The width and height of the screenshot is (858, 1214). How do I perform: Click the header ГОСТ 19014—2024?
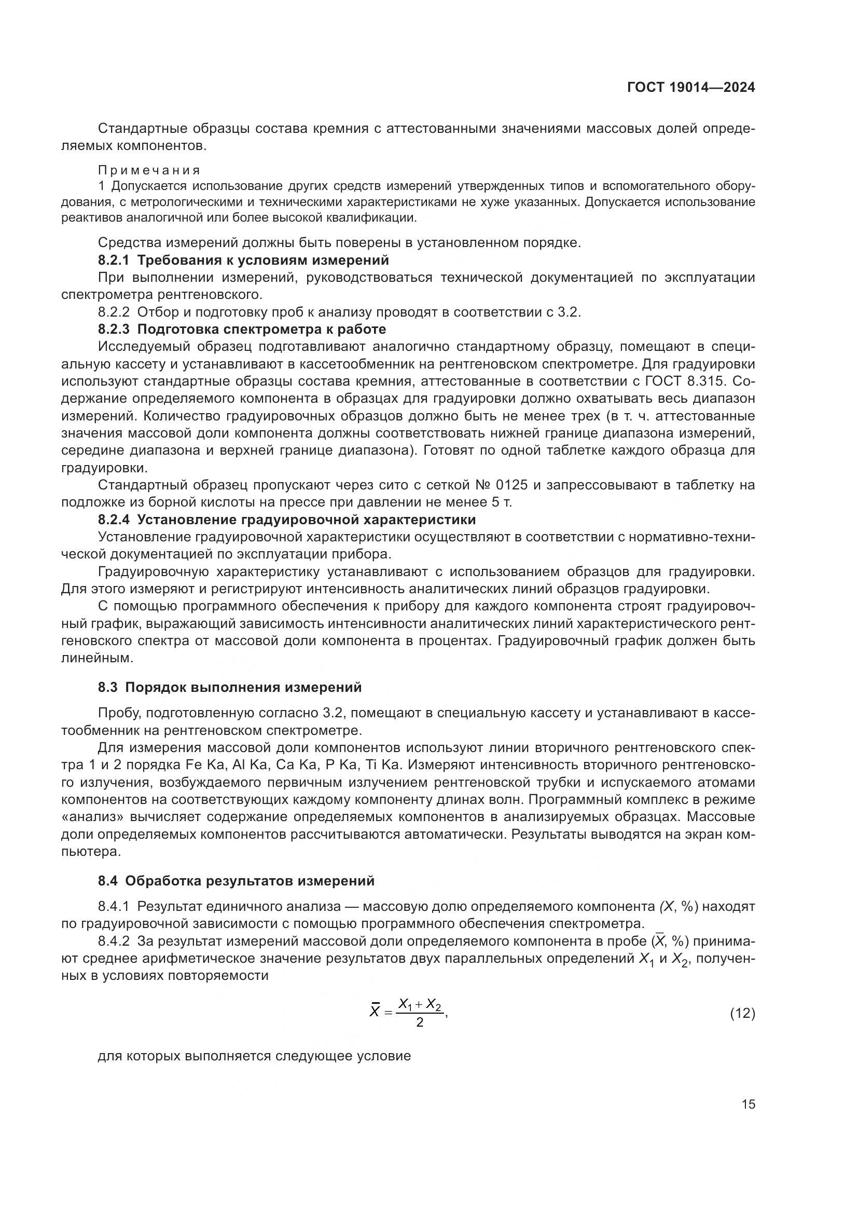(x=690, y=88)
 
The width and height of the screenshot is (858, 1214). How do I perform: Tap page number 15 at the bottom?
(x=748, y=1104)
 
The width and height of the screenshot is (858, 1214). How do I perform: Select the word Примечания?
(x=149, y=170)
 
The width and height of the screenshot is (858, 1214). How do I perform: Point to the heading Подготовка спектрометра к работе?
(x=261, y=330)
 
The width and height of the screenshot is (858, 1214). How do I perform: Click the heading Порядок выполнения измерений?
(x=244, y=687)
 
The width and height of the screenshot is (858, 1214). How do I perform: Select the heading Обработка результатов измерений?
(x=250, y=881)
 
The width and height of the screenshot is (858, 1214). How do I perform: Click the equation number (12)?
(x=742, y=1014)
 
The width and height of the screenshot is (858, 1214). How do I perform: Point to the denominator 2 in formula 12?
(x=420, y=1023)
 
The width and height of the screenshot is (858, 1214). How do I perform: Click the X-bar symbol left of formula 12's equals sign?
(x=375, y=1012)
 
